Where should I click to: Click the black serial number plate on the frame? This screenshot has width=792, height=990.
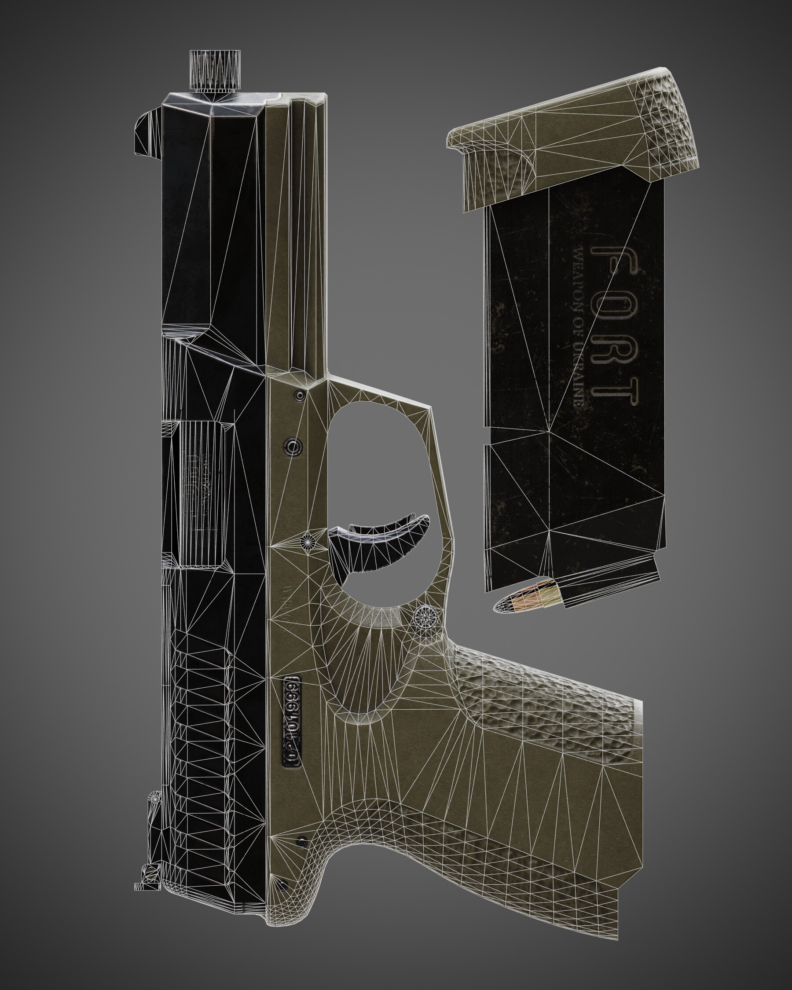[292, 721]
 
